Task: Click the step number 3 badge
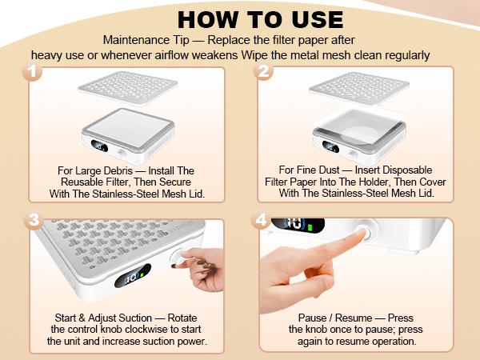click(x=32, y=222)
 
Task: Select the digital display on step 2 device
click(x=330, y=146)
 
